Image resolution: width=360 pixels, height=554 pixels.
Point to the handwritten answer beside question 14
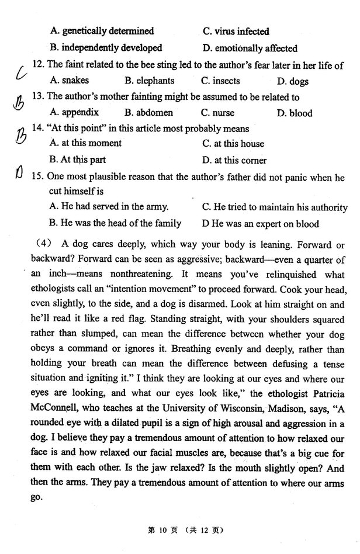click(x=19, y=138)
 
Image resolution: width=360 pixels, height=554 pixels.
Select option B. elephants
click(x=149, y=81)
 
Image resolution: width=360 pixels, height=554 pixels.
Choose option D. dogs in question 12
click(x=292, y=81)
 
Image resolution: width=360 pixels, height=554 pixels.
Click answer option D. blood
click(x=295, y=113)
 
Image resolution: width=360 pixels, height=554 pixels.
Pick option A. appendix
click(x=74, y=113)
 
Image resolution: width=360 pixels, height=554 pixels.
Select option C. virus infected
click(x=236, y=32)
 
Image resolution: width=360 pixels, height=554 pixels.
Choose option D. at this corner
click(x=234, y=160)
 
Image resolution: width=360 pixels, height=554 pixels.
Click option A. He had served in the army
click(x=109, y=206)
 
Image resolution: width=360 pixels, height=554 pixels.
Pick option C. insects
click(x=220, y=81)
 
